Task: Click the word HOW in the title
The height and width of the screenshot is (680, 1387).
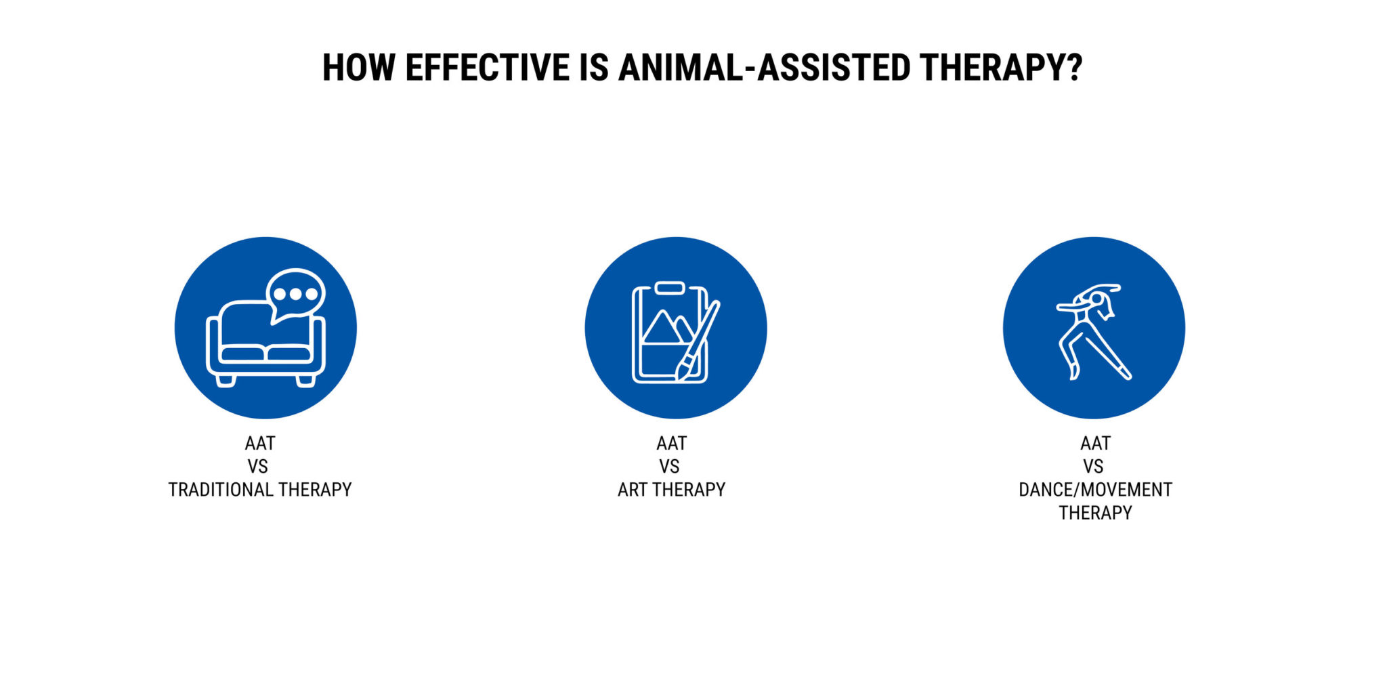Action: pyautogui.click(x=358, y=68)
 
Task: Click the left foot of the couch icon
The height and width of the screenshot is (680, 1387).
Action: pyautogui.click(x=225, y=381)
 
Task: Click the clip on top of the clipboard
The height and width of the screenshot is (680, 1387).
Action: pyautogui.click(x=670, y=288)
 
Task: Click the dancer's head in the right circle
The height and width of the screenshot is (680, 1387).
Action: pyautogui.click(x=1097, y=299)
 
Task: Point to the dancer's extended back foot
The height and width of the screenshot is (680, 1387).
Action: pyautogui.click(x=1126, y=373)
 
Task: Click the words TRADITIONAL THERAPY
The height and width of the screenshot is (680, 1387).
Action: pyautogui.click(x=260, y=490)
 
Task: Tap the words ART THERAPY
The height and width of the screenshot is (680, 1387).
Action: pyautogui.click(x=671, y=490)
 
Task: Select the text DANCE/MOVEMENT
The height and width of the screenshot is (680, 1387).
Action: pyautogui.click(x=1095, y=490)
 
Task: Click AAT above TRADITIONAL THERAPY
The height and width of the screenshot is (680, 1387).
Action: pyautogui.click(x=260, y=443)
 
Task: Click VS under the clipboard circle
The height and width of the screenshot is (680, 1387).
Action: pyautogui.click(x=669, y=467)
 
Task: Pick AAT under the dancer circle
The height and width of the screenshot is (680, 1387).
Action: pyautogui.click(x=1095, y=443)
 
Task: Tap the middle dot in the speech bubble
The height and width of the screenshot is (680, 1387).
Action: pyautogui.click(x=296, y=295)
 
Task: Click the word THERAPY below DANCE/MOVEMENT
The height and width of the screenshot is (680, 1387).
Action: pyautogui.click(x=1095, y=513)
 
